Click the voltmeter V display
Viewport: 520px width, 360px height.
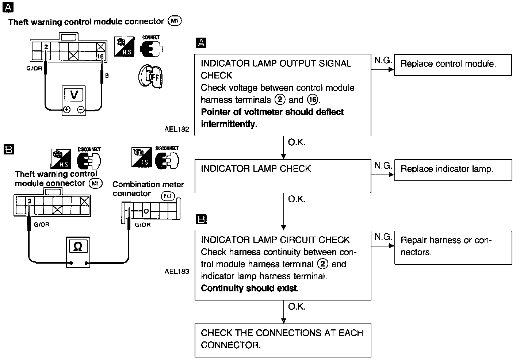coord(74,95)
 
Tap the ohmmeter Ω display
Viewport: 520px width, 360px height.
coord(78,247)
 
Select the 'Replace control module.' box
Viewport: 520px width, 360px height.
coord(452,65)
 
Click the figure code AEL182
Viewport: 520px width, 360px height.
coord(177,129)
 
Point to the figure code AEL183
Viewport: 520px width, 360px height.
coord(177,271)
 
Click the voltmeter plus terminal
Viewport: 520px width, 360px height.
coord(67,109)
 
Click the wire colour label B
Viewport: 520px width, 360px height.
coord(107,76)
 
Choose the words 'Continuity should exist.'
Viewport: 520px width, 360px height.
coord(250,288)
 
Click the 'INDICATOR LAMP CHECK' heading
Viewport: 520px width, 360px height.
coord(256,169)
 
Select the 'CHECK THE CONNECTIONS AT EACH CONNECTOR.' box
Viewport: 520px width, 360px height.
coord(283,340)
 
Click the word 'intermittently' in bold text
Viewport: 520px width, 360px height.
coord(228,124)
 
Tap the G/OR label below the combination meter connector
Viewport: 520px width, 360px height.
coord(142,225)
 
